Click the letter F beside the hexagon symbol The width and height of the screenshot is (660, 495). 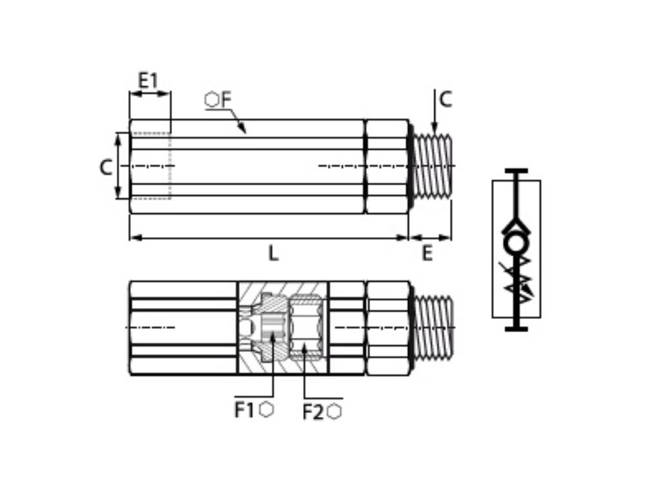(226, 99)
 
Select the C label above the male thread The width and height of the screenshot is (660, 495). (445, 99)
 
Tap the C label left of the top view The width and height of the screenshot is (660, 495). (106, 167)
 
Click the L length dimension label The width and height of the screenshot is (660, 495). (273, 253)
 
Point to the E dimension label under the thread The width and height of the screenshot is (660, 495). (427, 253)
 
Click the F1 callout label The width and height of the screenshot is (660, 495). (244, 410)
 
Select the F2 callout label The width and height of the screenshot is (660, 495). (313, 412)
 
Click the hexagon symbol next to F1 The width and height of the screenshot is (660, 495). (266, 409)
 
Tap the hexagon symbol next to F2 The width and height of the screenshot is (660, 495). (334, 412)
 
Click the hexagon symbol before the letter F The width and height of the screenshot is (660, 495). (212, 99)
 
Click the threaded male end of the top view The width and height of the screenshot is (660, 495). (432, 166)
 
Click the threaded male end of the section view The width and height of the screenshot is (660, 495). (432, 327)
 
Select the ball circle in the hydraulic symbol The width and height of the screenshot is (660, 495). (516, 244)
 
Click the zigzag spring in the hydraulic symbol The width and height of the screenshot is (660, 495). (518, 277)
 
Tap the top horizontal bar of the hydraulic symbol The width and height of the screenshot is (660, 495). (516, 171)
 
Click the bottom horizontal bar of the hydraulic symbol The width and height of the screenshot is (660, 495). (516, 329)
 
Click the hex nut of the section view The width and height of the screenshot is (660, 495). (387, 327)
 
